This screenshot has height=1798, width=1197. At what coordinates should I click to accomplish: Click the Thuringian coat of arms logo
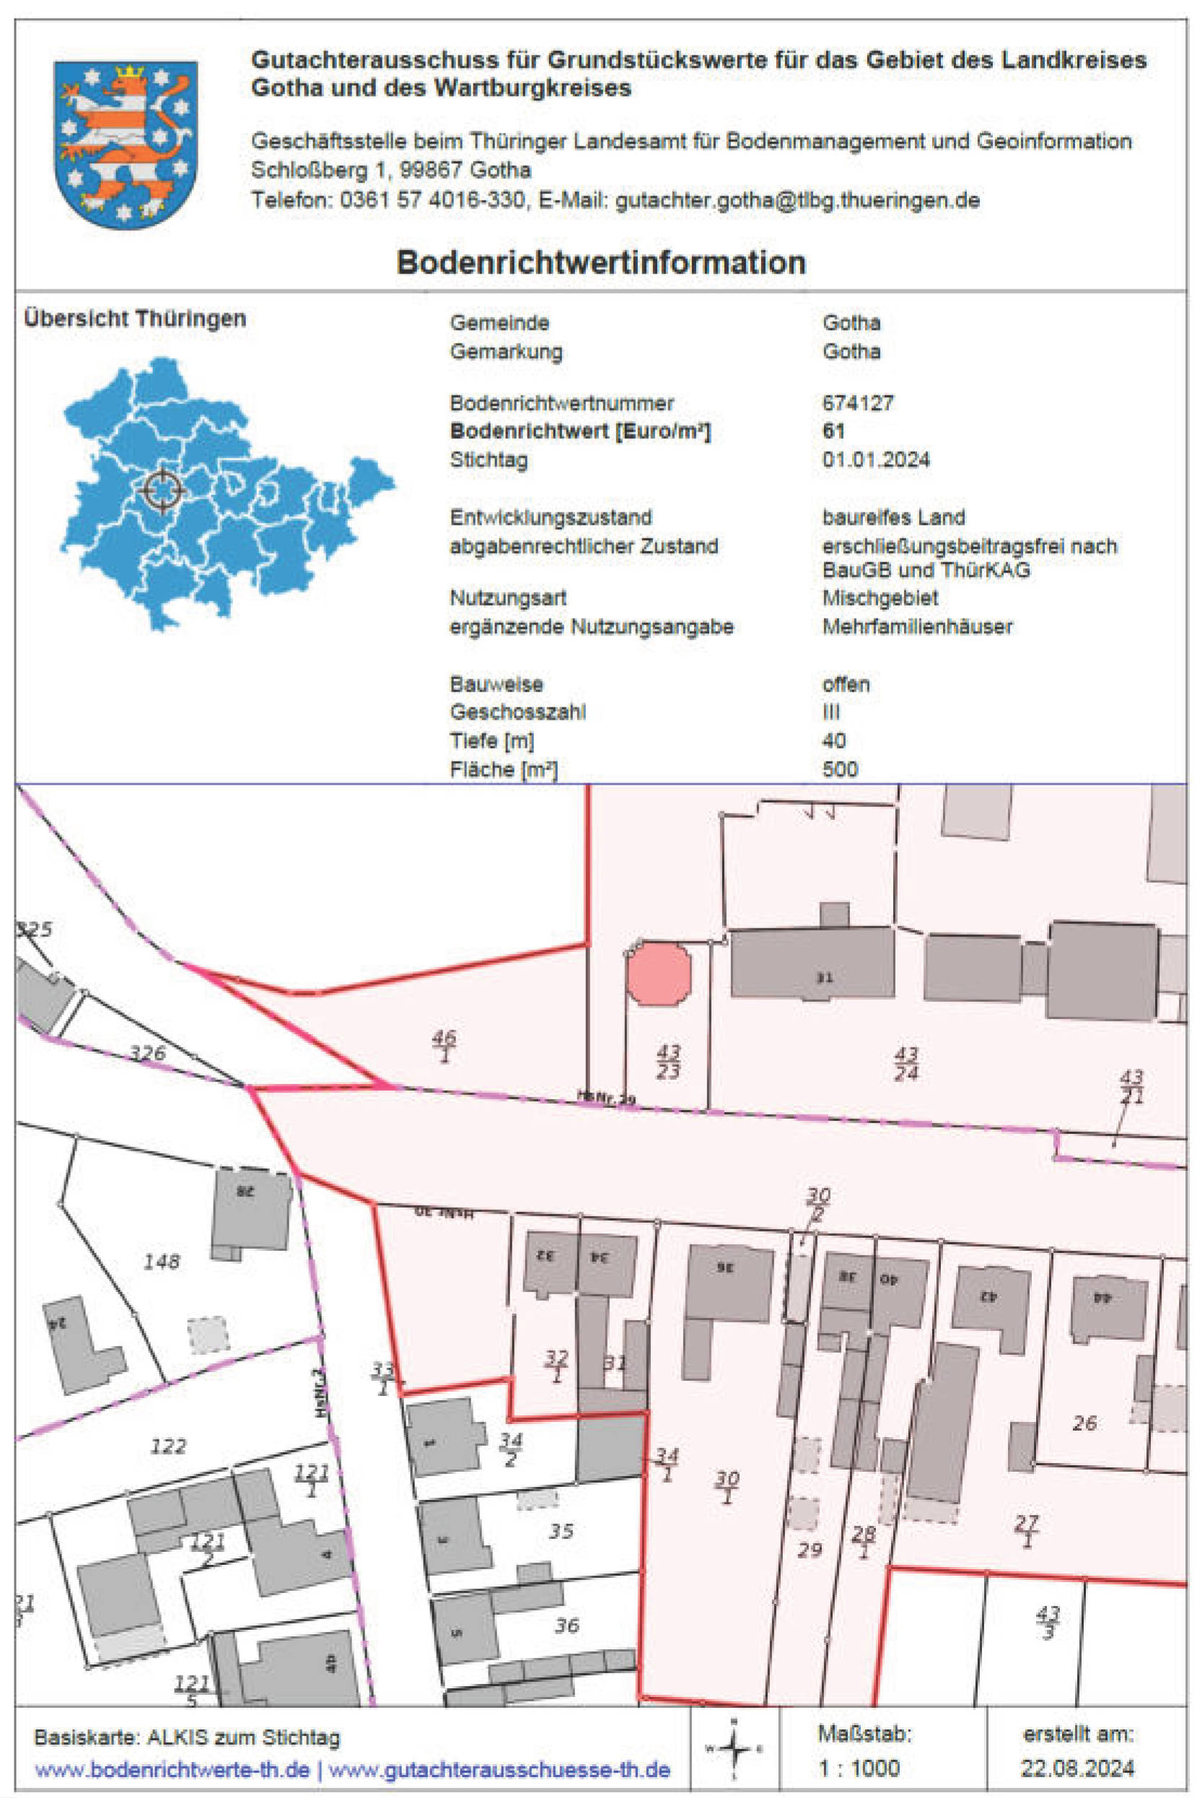(126, 144)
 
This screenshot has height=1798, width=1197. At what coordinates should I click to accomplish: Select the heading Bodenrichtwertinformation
(601, 263)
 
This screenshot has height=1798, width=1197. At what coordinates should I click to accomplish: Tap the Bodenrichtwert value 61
(833, 432)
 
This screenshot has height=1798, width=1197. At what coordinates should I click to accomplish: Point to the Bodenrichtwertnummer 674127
(857, 403)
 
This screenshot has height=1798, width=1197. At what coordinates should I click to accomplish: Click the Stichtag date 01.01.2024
(876, 460)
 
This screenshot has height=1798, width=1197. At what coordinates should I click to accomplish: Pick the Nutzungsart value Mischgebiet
(880, 598)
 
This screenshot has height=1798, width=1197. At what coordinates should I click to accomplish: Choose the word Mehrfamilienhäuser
(917, 627)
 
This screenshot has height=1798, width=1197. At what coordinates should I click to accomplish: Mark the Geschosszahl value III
(830, 712)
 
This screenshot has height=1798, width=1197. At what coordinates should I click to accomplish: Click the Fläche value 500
(840, 769)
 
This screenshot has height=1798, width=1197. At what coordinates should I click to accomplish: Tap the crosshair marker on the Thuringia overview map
(162, 489)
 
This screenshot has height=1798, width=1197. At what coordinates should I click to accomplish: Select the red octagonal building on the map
(659, 974)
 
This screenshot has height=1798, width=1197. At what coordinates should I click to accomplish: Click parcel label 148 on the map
(162, 1261)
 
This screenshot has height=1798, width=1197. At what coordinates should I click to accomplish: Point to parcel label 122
(168, 1445)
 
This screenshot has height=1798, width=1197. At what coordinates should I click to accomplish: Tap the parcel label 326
(147, 1053)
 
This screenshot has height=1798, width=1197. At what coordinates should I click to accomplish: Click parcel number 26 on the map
(1084, 1423)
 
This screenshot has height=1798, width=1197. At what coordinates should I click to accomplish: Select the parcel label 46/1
(444, 1045)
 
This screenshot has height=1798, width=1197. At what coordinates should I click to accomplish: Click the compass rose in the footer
(734, 1748)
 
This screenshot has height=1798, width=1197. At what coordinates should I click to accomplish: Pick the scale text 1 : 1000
(859, 1768)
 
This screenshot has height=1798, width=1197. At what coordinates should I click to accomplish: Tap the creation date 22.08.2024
(1077, 1768)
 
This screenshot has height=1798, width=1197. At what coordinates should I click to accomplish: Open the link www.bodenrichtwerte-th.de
(172, 1770)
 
